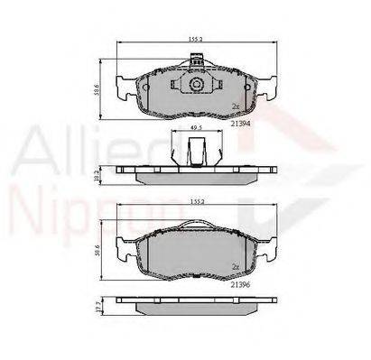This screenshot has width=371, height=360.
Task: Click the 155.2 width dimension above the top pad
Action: tap(193, 41)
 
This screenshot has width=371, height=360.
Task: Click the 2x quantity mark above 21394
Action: tap(236, 106)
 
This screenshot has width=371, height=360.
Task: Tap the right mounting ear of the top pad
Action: tap(268, 88)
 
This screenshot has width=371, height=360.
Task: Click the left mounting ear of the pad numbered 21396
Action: tap(120, 249)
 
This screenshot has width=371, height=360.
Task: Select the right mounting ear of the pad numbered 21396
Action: tap(267, 249)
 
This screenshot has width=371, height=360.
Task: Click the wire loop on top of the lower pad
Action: tap(193, 225)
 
